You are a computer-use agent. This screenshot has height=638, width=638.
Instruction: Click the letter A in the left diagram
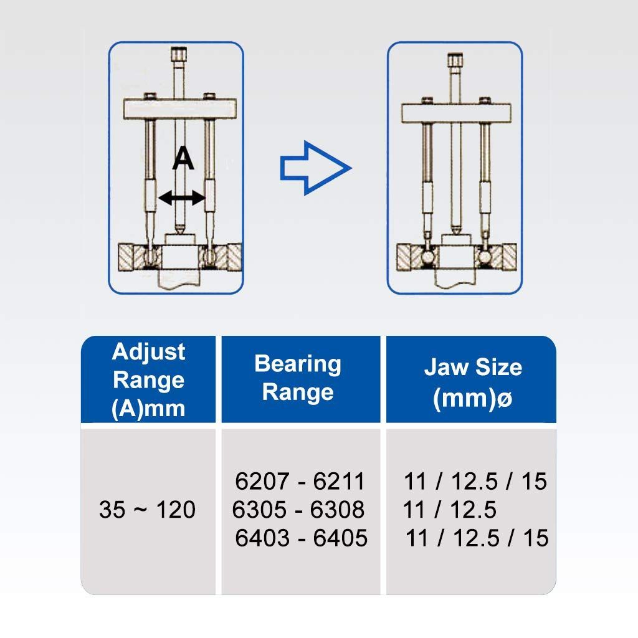pyautogui.click(x=183, y=158)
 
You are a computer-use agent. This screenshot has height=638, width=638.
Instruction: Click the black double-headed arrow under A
pyautogui.click(x=181, y=198)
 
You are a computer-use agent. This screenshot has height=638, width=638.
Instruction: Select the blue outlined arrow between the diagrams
pyautogui.click(x=315, y=168)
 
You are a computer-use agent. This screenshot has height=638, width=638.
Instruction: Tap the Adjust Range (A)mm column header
pyautogui.click(x=148, y=379)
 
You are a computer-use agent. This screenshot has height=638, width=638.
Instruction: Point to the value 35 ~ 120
pyautogui.click(x=147, y=510)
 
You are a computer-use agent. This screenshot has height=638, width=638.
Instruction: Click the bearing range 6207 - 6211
pyautogui.click(x=300, y=481)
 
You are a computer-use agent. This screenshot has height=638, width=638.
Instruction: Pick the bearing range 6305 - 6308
pyautogui.click(x=298, y=510)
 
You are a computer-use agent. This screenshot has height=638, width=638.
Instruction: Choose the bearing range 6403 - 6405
pyautogui.click(x=301, y=538)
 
